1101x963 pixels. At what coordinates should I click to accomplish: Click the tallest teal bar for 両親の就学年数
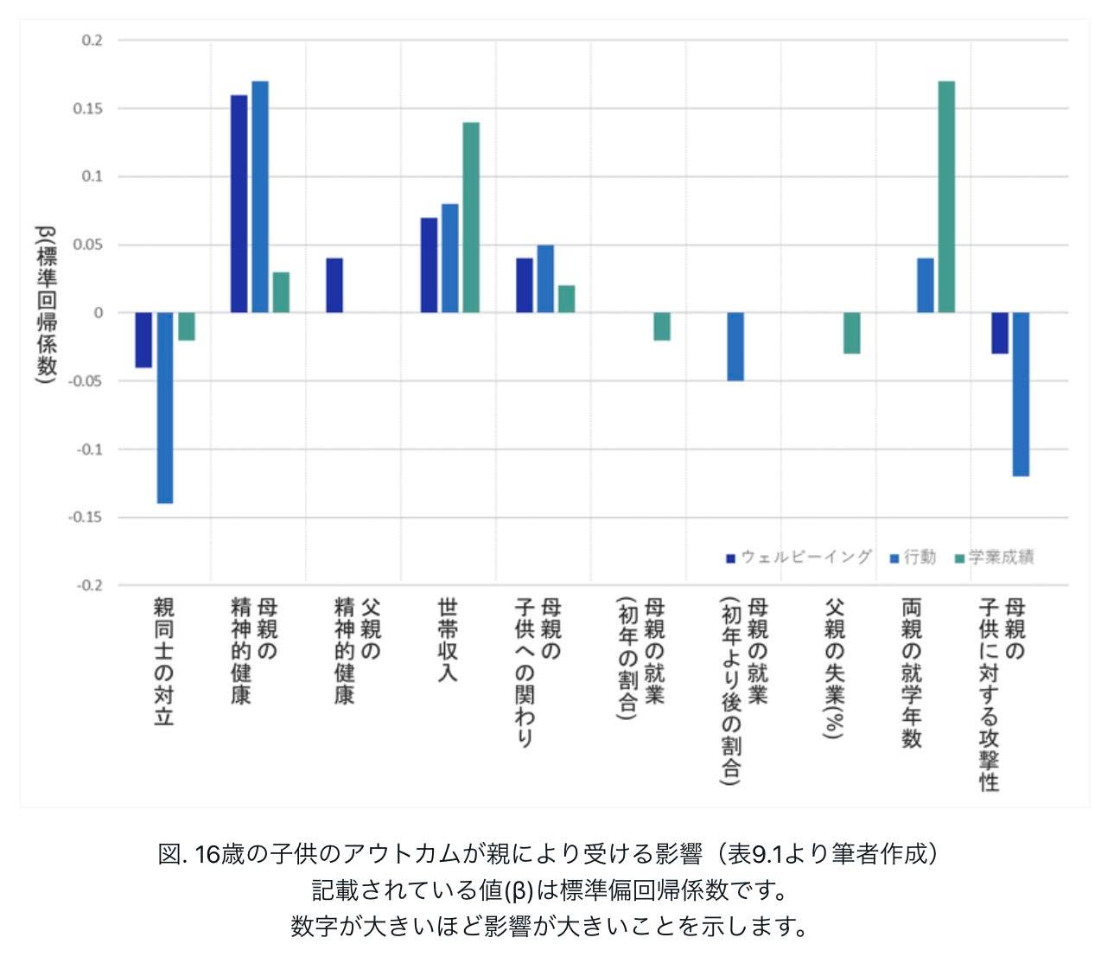pyautogui.click(x=946, y=196)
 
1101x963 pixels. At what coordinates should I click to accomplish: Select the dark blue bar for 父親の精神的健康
pyautogui.click(x=334, y=285)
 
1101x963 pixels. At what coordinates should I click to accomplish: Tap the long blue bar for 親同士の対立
pyautogui.click(x=165, y=407)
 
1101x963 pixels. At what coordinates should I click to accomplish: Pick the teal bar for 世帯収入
pyautogui.click(x=471, y=218)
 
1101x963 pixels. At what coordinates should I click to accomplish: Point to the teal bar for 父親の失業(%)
pyautogui.click(x=851, y=333)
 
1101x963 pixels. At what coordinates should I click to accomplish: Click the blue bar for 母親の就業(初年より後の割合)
pyautogui.click(x=735, y=346)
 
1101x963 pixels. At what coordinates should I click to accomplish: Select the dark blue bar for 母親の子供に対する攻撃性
pyautogui.click(x=999, y=333)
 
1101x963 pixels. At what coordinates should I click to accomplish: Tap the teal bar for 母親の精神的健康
pyautogui.click(x=281, y=292)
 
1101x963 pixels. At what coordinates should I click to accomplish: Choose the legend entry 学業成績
pyautogui.click(x=994, y=557)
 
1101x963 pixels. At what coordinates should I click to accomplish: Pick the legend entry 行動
pyautogui.click(x=913, y=557)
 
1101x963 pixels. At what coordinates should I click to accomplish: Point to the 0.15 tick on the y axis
pyautogui.click(x=87, y=109)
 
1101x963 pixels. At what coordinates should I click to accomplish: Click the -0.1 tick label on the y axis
pyautogui.click(x=89, y=449)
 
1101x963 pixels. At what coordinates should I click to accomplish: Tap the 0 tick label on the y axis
pyautogui.click(x=98, y=313)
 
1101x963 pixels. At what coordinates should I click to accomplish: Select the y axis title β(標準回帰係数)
pyautogui.click(x=47, y=304)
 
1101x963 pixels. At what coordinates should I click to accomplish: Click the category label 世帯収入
pyautogui.click(x=447, y=640)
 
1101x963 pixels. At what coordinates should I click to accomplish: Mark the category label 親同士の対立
pyautogui.click(x=163, y=661)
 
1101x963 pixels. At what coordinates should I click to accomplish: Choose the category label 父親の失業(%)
pyautogui.click(x=834, y=668)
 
